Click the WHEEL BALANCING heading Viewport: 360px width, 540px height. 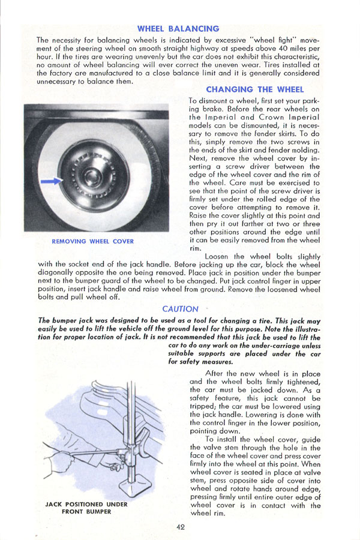point(178,28)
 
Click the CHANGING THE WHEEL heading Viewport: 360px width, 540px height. point(254,89)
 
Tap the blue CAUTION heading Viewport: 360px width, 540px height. point(180,309)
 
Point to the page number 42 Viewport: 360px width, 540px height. point(180,527)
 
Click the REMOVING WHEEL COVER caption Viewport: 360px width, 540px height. point(92,241)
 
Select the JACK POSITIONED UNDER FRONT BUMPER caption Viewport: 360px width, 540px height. point(86,508)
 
